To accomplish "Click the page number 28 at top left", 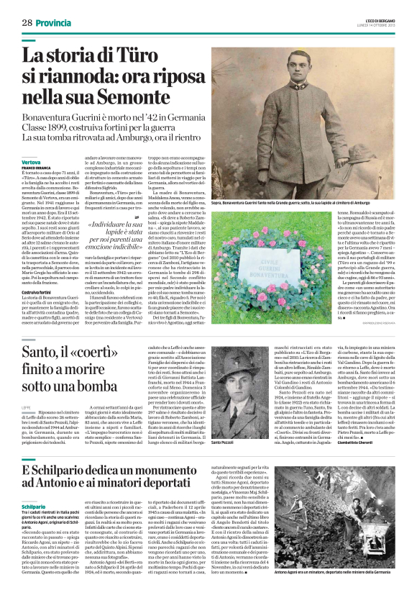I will (27, 23).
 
